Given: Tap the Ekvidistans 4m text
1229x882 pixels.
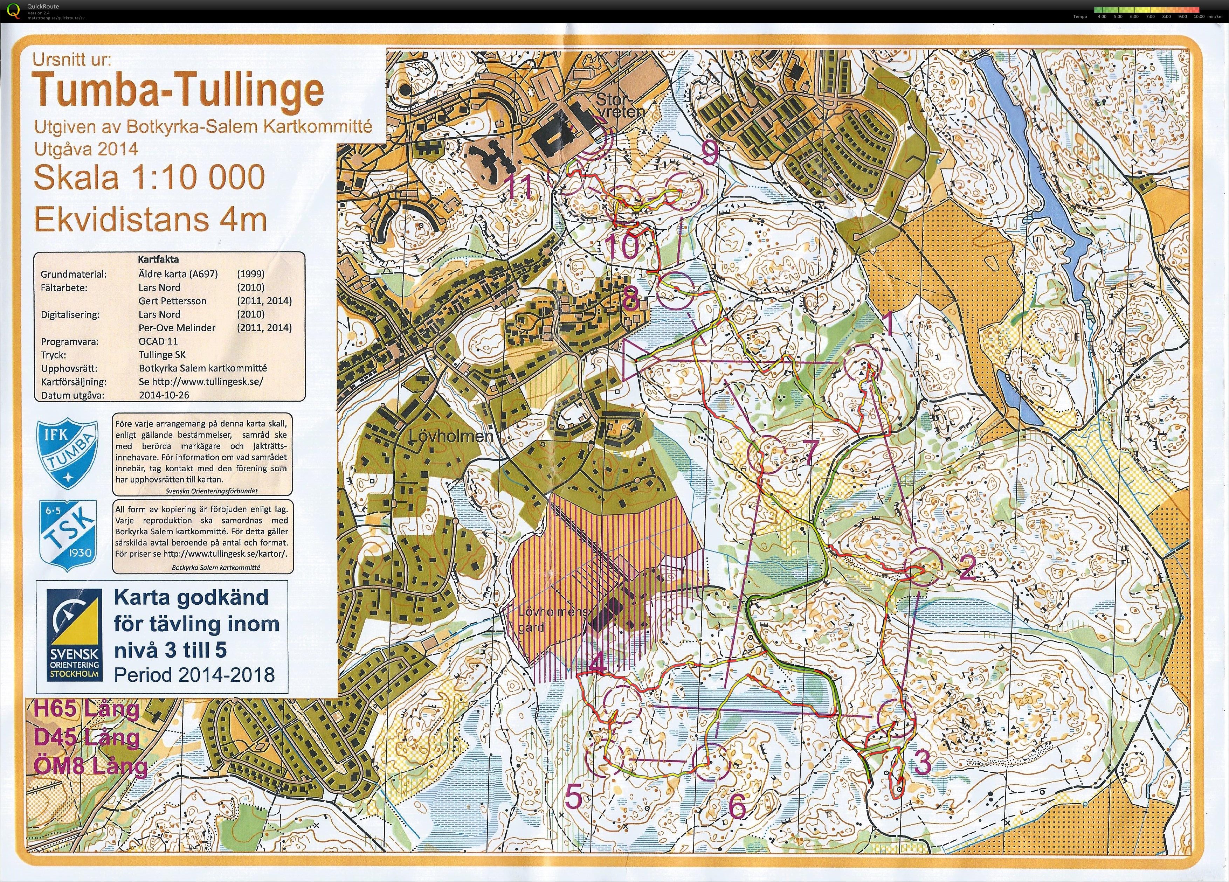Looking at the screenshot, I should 150,220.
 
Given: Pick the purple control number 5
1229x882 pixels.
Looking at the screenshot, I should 573,797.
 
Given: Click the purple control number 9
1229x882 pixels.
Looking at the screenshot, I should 710,153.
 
